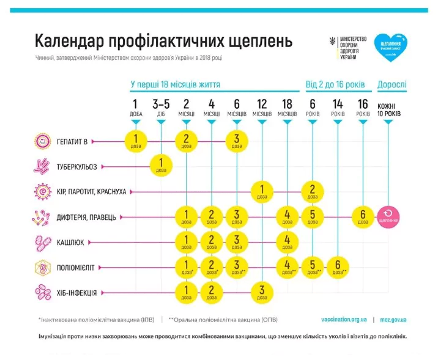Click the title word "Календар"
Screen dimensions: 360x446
pos(68,42)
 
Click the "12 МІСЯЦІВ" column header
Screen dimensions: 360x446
pos(262,108)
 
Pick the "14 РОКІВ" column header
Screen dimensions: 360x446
pos(337,108)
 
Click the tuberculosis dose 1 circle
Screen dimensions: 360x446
pos(162,166)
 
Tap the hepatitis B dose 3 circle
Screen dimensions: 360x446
pos(237,141)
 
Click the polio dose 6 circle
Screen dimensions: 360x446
pos(337,266)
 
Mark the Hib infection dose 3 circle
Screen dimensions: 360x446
pos(262,292)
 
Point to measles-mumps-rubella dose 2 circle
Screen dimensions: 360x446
pos(312,191)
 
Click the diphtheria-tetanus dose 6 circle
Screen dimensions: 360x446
pos(363,216)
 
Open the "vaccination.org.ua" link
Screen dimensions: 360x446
pos(344,319)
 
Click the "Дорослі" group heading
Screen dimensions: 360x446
pos(392,84)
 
